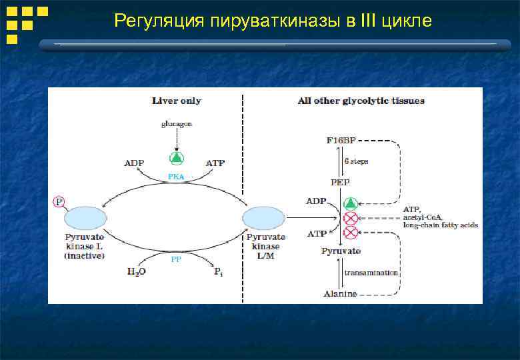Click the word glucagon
tap(176, 124)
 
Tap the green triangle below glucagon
tap(176, 158)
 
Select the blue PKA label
tap(176, 177)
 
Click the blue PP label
tap(176, 259)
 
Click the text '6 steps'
tap(356, 161)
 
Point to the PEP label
tap(340, 181)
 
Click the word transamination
tap(371, 273)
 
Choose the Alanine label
tap(340, 293)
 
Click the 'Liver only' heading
tap(176, 101)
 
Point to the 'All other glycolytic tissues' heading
tap(361, 101)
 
